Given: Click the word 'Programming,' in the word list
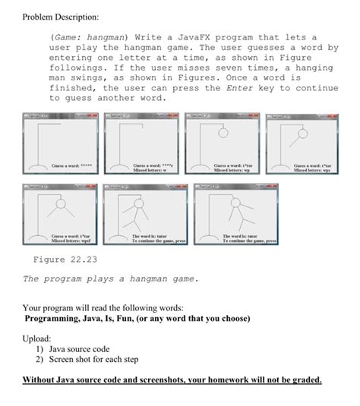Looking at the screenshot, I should click(x=56, y=318).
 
